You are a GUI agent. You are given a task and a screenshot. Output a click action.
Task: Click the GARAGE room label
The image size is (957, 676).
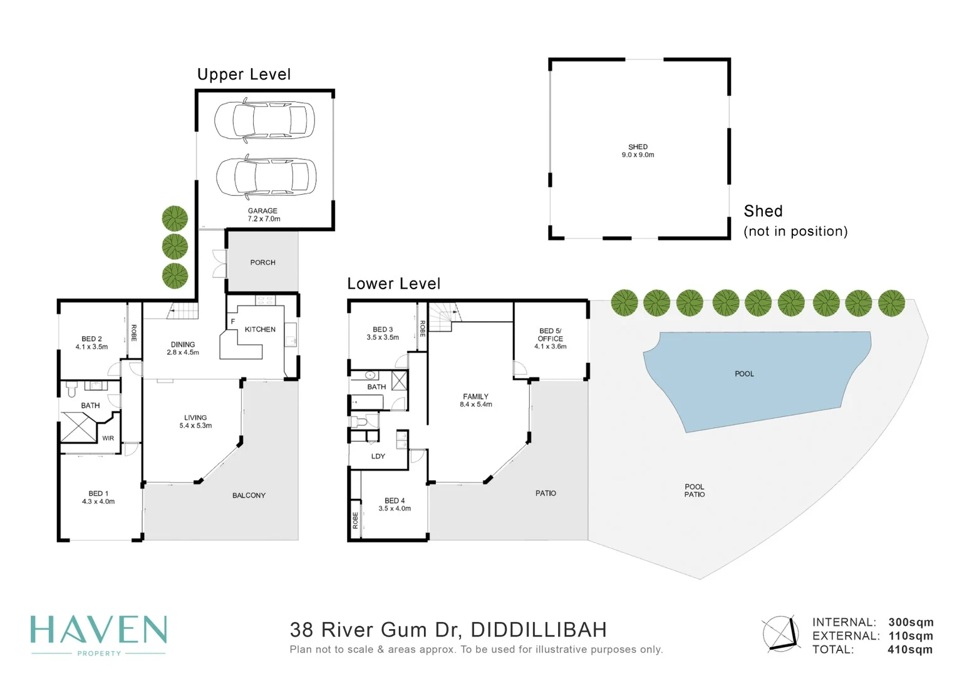262,212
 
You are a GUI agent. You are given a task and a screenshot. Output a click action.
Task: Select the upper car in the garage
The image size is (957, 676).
264,120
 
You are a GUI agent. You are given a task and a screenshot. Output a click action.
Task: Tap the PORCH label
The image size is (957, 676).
262,263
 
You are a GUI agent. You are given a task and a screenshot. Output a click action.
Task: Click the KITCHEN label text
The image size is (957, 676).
260,329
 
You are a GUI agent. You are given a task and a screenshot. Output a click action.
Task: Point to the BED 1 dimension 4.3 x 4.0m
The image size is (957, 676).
98,502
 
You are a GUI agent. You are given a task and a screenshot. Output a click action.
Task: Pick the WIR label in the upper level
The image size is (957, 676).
108,438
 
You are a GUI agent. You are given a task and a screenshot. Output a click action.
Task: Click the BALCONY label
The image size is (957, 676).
249,496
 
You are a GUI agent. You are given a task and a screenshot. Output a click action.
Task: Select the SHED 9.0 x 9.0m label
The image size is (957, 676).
638,151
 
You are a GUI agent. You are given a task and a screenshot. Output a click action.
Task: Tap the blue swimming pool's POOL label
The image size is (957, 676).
744,374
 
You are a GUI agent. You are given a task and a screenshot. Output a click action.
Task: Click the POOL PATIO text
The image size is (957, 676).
694,491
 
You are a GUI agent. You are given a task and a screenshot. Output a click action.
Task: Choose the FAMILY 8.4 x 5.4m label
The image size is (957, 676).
475,401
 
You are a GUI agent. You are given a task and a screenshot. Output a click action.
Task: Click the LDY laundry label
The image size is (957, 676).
378,456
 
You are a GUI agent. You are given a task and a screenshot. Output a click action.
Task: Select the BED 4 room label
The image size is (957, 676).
395,501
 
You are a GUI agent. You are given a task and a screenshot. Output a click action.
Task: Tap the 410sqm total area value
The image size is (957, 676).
909,650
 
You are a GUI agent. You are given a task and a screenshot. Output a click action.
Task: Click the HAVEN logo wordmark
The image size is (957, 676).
99,630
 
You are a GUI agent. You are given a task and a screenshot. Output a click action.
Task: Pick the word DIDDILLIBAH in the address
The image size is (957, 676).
538,630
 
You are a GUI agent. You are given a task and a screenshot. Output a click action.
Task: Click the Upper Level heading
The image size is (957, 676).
244,74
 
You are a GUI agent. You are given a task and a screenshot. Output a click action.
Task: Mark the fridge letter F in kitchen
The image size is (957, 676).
233,322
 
